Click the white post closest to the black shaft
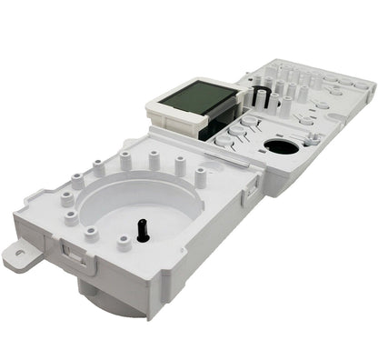click(124, 243)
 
